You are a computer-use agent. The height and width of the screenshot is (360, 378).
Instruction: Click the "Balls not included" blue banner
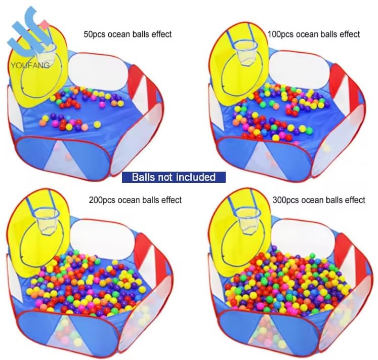(x=174, y=177)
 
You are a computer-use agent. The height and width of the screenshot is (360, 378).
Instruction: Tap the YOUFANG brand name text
(x=30, y=65)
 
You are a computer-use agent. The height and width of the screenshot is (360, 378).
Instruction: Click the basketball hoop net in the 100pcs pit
(x=245, y=53)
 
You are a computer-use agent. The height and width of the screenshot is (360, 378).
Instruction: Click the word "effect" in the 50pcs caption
(x=161, y=34)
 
